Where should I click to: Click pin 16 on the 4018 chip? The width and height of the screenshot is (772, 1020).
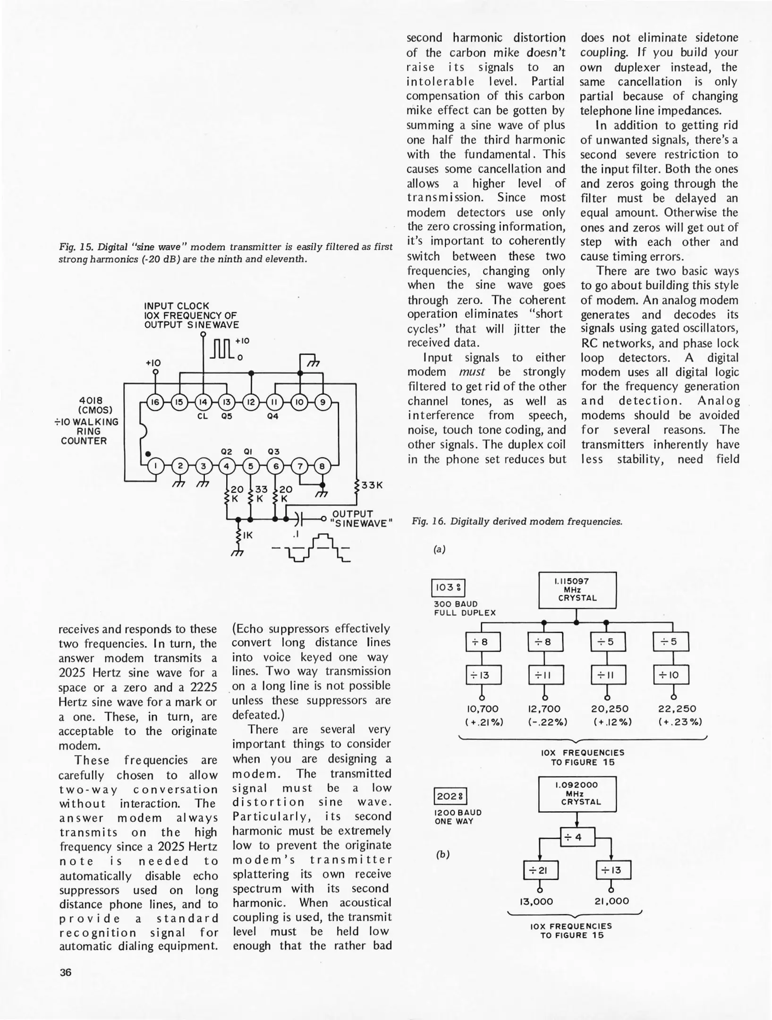pyautogui.click(x=154, y=403)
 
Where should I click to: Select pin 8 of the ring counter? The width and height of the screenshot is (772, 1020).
pyautogui.click(x=323, y=466)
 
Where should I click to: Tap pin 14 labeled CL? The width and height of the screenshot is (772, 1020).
pyautogui.click(x=203, y=403)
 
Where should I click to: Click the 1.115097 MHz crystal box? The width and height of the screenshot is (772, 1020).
pyautogui.click(x=577, y=590)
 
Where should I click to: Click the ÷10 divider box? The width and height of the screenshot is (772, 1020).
pyautogui.click(x=670, y=675)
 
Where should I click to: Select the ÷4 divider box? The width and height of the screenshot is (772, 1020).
pyautogui.click(x=577, y=838)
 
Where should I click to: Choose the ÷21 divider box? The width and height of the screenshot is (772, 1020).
pyautogui.click(x=541, y=870)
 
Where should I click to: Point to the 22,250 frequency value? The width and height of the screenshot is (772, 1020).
pyautogui.click(x=677, y=709)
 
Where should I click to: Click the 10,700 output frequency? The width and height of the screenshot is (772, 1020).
pyautogui.click(x=483, y=709)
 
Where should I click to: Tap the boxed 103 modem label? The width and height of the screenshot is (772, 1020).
pyautogui.click(x=448, y=588)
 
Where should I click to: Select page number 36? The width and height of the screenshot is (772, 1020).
pyautogui.click(x=65, y=972)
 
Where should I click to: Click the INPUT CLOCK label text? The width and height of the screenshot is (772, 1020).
pyautogui.click(x=176, y=306)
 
